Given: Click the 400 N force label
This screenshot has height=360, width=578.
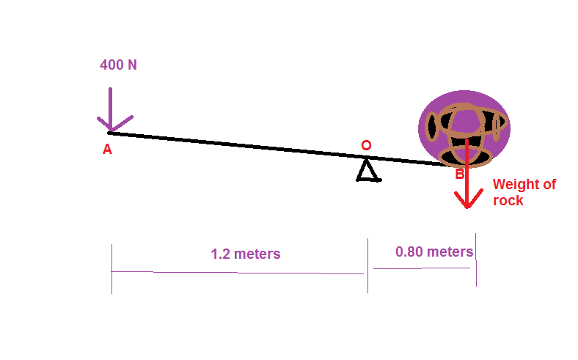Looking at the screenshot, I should (x=118, y=65).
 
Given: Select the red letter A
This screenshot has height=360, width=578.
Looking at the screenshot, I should (x=107, y=149).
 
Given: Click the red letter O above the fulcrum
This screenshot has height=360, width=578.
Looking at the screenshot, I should (x=366, y=145).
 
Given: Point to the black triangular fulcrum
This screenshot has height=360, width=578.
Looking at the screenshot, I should (x=367, y=171).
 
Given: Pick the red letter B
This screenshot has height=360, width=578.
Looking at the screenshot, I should (x=459, y=174).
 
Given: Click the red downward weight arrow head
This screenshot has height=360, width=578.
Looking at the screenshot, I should (x=467, y=198).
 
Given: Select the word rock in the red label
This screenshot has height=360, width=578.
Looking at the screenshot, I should (x=508, y=200).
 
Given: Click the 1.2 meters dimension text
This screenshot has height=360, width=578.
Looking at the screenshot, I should (x=245, y=254).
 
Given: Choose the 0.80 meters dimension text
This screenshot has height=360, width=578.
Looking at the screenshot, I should (x=433, y=251).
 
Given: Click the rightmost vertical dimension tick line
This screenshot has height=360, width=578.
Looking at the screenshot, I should (x=476, y=260).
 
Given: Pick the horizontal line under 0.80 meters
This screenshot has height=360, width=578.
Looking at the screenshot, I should (x=422, y=268).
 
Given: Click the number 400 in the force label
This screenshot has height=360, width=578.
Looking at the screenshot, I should (x=111, y=65).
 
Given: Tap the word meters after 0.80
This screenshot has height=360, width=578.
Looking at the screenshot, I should (x=450, y=251).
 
